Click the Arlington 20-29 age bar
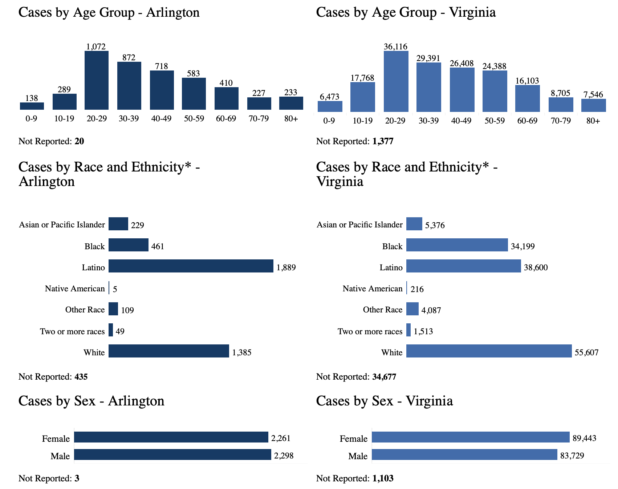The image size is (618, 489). point(97,80)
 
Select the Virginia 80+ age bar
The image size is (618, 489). point(593,105)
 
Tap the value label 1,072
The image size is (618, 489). point(96,47)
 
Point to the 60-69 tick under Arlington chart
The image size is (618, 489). point(226,119)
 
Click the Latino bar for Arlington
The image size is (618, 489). point(191,266)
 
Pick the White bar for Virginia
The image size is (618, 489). point(489,351)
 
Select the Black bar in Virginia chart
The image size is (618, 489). point(457,245)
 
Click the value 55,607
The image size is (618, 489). point(586,352)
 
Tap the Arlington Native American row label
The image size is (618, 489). point(75,288)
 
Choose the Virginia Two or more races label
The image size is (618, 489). point(370,331)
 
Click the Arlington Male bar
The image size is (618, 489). point(172,454)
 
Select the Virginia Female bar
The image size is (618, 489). point(471,437)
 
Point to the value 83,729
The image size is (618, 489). point(572,456)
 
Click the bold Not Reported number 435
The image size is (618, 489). point(81,377)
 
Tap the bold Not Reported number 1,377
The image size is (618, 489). point(383,141)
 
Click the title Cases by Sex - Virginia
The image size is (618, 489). point(384,401)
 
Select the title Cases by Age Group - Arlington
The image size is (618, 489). point(109,12)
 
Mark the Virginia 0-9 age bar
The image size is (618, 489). point(330,106)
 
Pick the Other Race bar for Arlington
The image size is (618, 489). point(113,309)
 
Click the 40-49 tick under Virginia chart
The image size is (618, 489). point(461,121)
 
